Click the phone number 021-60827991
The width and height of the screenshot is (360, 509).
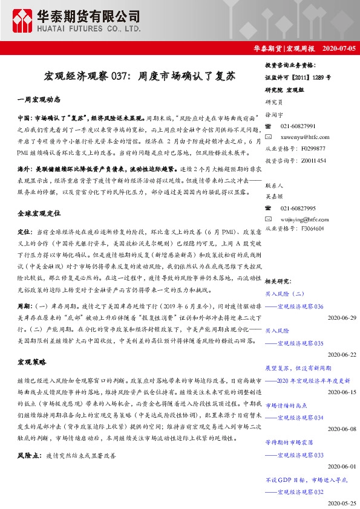[x=298, y=126]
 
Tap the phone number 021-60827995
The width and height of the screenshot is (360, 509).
[x=298, y=207]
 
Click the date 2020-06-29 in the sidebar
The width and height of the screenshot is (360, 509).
[x=342, y=318]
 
